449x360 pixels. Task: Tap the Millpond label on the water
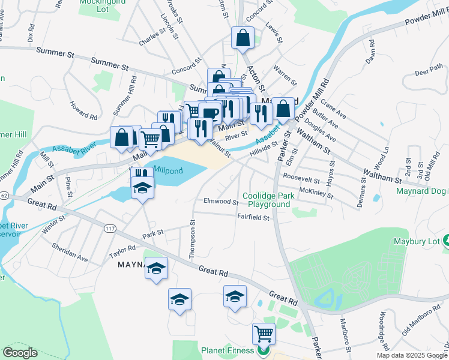[167, 170]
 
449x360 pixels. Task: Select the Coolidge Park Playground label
[266, 200]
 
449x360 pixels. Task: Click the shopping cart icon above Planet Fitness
[264, 334]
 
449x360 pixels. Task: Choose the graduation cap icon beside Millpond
[143, 188]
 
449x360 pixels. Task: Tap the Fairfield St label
[253, 218]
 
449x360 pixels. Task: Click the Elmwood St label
[221, 202]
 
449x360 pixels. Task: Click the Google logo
[20, 353]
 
